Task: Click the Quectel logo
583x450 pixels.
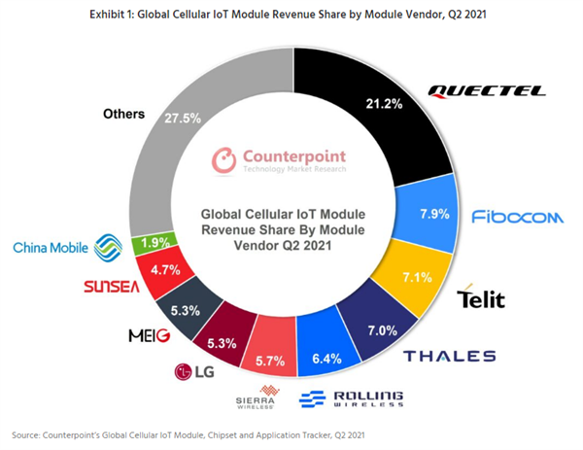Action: pos(487,92)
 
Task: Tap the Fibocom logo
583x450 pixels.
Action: pos(516,217)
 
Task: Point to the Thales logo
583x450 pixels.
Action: pos(450,356)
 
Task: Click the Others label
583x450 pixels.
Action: pos(124,114)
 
